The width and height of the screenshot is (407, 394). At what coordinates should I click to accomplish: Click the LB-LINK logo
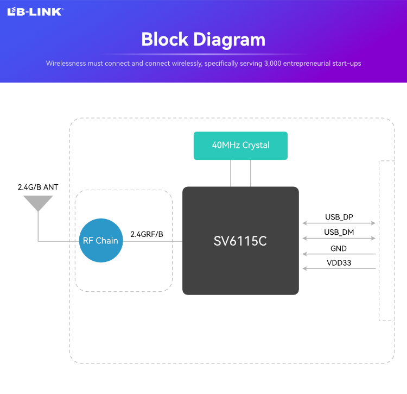click(x=35, y=12)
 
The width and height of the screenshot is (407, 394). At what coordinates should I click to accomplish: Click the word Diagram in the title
click(x=230, y=40)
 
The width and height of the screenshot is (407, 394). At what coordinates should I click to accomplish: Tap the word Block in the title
click(x=165, y=39)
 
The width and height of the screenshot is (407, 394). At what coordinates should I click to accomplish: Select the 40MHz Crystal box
click(x=240, y=146)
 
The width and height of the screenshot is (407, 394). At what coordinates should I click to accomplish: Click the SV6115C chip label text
click(x=240, y=241)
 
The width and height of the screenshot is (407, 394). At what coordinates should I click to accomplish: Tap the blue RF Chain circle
click(x=101, y=240)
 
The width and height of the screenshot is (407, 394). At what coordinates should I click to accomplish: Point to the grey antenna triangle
click(x=38, y=203)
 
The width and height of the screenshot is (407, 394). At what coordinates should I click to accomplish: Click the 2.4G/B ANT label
click(x=38, y=187)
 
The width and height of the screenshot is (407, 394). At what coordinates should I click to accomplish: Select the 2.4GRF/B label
click(x=147, y=234)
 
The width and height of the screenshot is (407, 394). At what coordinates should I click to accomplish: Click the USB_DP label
click(x=339, y=217)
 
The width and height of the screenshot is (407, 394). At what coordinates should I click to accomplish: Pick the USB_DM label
click(x=339, y=232)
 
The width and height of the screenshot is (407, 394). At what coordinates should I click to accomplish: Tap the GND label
click(x=339, y=248)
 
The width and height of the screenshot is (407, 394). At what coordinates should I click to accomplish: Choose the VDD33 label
click(x=339, y=262)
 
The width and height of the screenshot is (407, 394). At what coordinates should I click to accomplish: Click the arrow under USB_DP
click(x=339, y=223)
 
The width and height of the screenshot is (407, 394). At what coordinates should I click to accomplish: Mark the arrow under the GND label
click(x=339, y=254)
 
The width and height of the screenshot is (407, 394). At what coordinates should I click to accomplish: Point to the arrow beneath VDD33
click(x=339, y=268)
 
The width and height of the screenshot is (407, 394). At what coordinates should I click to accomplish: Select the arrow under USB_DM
click(x=339, y=239)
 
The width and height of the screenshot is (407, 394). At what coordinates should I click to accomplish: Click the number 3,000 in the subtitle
click(x=272, y=64)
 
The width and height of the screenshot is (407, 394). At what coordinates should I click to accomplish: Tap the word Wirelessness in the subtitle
click(x=62, y=64)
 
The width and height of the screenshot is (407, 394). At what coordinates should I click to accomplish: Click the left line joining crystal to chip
click(x=231, y=173)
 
